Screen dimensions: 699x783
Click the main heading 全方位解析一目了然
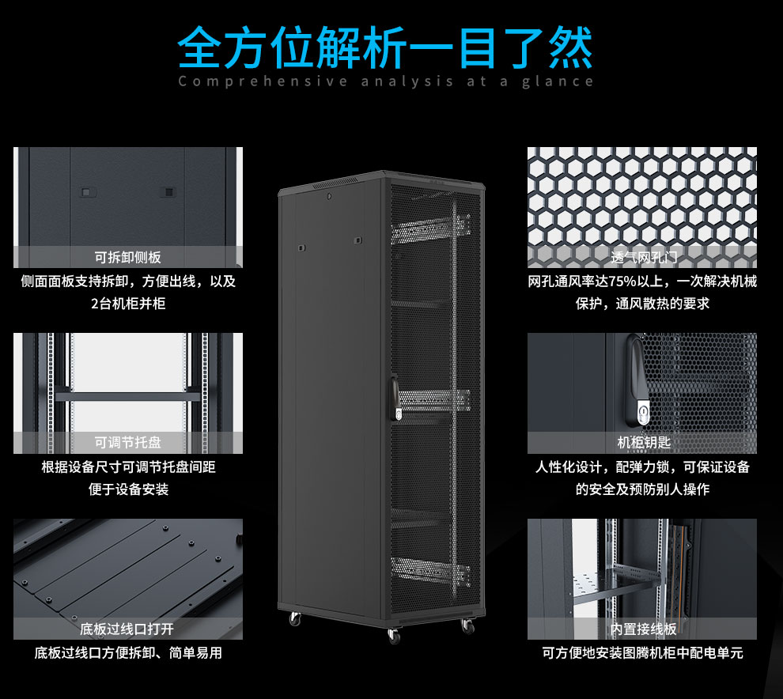pos(385,48)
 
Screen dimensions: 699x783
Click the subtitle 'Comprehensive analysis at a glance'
pos(385,81)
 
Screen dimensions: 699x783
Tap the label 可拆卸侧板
pos(127,257)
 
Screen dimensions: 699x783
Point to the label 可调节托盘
pos(127,443)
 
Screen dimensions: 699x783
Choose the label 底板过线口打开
pos(127,629)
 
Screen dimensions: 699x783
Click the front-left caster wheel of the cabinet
pos(295,619)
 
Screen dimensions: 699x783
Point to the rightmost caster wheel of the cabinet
pos(467,626)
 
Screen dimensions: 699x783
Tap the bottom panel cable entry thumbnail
pos(127,569)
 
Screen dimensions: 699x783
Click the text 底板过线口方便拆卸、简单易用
pos(127,653)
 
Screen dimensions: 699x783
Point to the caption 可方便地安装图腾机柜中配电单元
pos(642,653)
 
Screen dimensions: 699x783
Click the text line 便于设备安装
pos(128,489)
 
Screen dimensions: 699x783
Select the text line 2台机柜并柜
pos(128,303)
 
